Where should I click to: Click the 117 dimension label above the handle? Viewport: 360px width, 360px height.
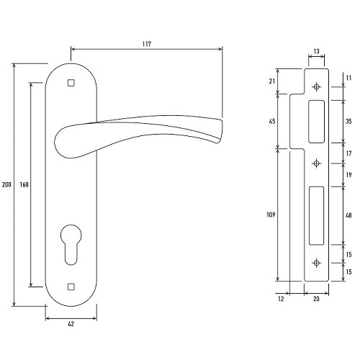pyautogui.click(x=147, y=44)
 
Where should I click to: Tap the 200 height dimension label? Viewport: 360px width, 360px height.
pyautogui.click(x=6, y=185)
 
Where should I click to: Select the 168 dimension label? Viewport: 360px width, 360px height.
pyautogui.click(x=24, y=184)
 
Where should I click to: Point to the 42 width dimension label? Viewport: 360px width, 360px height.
pyautogui.click(x=71, y=324)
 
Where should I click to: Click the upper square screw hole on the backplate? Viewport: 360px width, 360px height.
pyautogui.click(x=71, y=83)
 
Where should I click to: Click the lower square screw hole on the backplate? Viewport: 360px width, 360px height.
pyautogui.click(x=71, y=287)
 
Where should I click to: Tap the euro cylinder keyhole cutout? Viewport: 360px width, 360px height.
pyautogui.click(x=71, y=244)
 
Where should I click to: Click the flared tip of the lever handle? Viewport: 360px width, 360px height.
pyautogui.click(x=220, y=131)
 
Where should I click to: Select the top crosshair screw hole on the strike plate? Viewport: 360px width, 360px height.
pyautogui.click(x=317, y=86)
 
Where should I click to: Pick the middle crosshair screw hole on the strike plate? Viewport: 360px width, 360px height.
pyautogui.click(x=317, y=163)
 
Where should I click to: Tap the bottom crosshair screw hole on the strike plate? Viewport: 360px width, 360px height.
pyautogui.click(x=317, y=263)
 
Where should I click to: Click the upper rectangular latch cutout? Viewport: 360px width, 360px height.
pyautogui.click(x=317, y=122)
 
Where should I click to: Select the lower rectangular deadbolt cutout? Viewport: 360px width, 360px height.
pyautogui.click(x=316, y=215)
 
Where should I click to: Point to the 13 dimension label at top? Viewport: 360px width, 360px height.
pyautogui.click(x=317, y=51)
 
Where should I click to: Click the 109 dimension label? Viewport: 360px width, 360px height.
pyautogui.click(x=271, y=215)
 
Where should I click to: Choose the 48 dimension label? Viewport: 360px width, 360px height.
pyautogui.click(x=348, y=215)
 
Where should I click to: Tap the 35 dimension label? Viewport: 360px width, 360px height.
pyautogui.click(x=348, y=122)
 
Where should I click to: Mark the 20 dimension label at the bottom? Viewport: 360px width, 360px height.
pyautogui.click(x=316, y=299)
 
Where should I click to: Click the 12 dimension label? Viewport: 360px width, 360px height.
pyautogui.click(x=281, y=299)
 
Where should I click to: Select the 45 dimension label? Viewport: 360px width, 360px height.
pyautogui.click(x=272, y=122)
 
